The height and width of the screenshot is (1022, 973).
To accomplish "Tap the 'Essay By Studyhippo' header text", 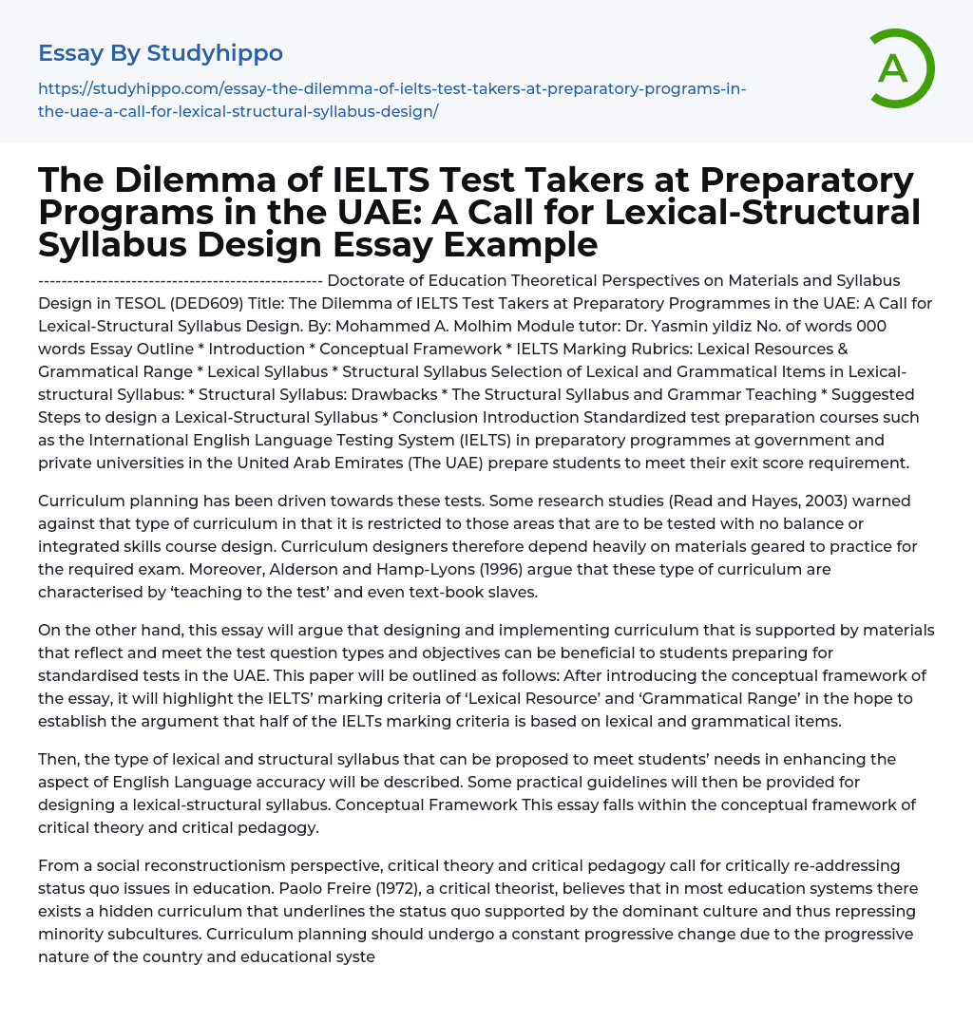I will click(x=161, y=53).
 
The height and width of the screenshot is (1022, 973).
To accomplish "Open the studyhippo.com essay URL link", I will click(x=391, y=100).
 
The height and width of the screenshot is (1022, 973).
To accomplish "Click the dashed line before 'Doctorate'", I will click(x=181, y=280).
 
